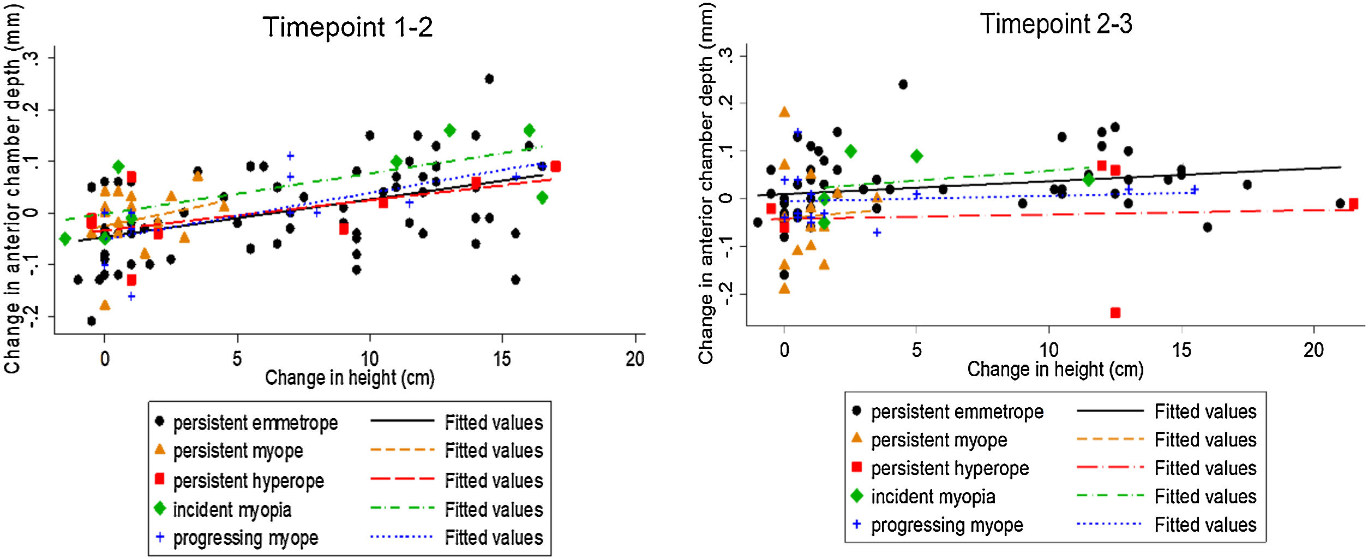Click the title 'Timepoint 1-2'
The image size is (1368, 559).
coord(347,27)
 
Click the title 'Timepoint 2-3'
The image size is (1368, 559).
coord(1056,24)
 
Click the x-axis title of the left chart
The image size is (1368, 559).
coord(350,378)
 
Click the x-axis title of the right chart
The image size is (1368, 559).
coord(1055,370)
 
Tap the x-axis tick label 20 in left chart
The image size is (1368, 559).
coord(635,359)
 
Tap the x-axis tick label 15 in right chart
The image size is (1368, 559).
coord(1181,350)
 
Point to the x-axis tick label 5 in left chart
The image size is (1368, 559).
coord(237,359)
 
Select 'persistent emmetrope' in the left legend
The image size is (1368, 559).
coord(255,423)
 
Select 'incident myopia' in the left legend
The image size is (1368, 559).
coord(232,510)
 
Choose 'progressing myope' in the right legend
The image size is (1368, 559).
coord(947,525)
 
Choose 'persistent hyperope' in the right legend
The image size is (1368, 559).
coord(950,468)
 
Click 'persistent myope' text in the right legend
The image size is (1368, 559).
coord(939,440)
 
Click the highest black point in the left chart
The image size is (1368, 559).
coord(489,79)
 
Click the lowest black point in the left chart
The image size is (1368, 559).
coord(92,321)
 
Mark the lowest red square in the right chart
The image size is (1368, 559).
coord(1115,313)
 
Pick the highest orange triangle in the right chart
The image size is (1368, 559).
coord(784,112)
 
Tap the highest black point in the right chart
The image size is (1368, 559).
coord(903,85)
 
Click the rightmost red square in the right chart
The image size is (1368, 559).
coord(1353,204)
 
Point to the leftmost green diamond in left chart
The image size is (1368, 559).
coord(65,239)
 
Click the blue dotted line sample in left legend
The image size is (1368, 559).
coord(401,537)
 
